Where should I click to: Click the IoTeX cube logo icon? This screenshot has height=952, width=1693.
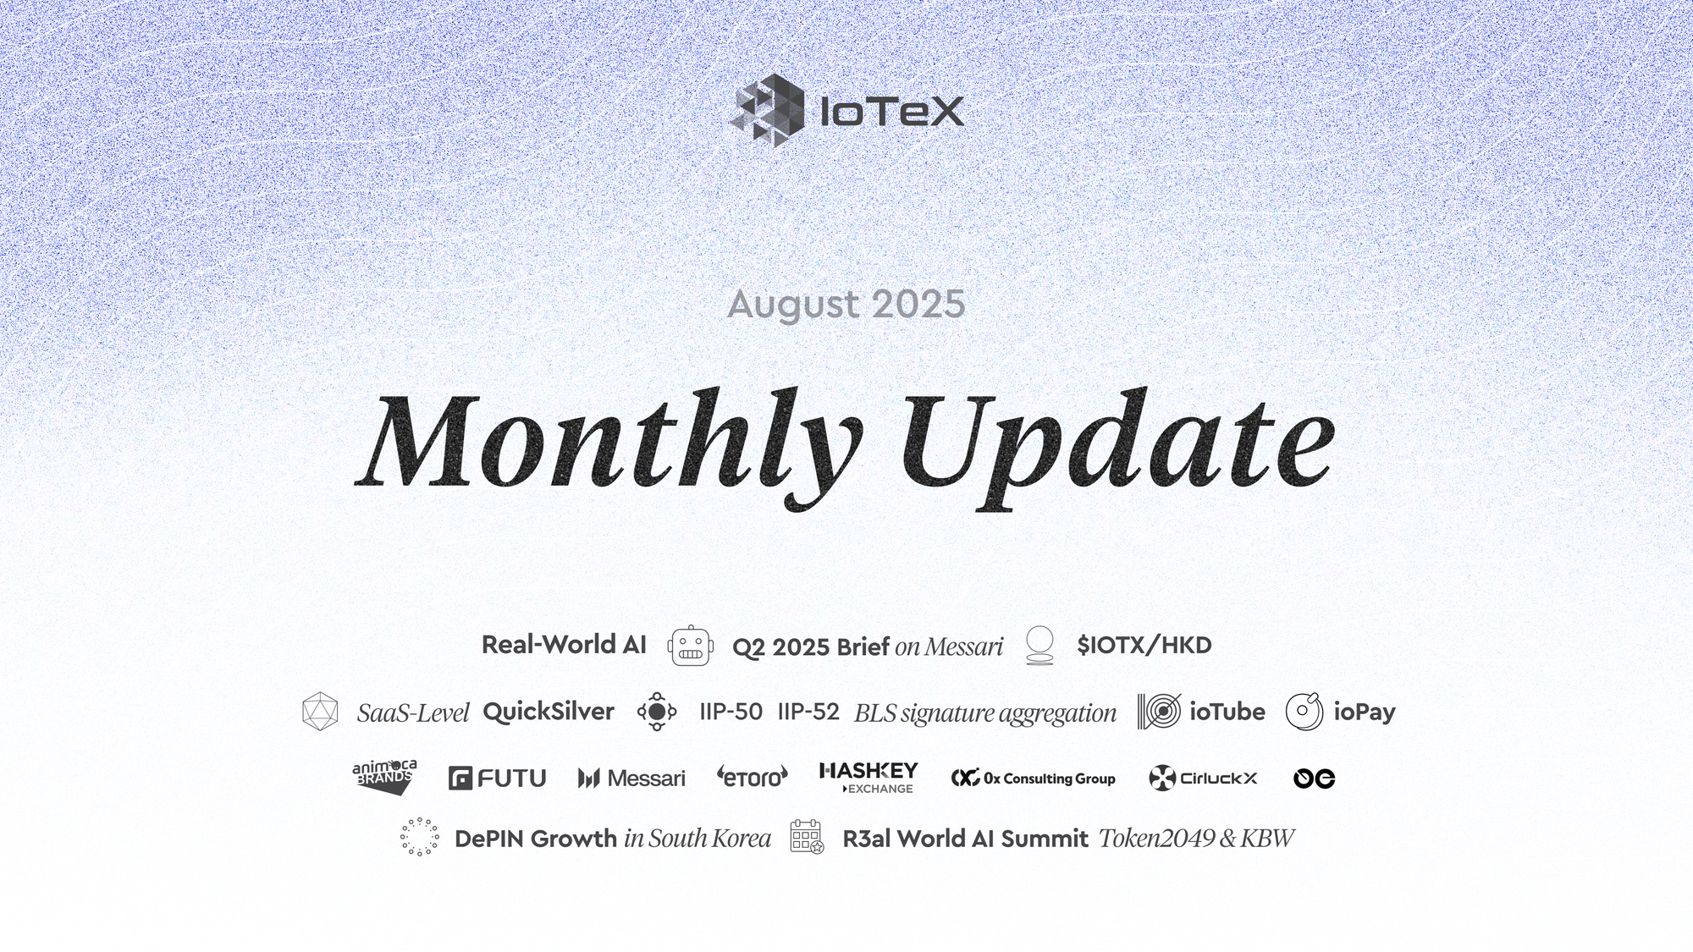pyautogui.click(x=767, y=110)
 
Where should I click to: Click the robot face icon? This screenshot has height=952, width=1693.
pyautogui.click(x=691, y=647)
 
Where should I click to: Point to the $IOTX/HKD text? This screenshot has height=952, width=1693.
pyautogui.click(x=1144, y=645)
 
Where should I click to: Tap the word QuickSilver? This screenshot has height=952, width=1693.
pyautogui.click(x=549, y=712)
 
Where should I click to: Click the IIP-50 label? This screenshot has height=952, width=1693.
pyautogui.click(x=731, y=712)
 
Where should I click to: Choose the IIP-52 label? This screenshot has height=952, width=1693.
pyautogui.click(x=808, y=712)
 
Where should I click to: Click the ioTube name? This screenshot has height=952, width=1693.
pyautogui.click(x=1227, y=712)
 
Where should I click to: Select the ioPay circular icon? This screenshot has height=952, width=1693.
pyautogui.click(x=1304, y=712)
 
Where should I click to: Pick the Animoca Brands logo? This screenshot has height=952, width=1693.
pyautogui.click(x=385, y=777)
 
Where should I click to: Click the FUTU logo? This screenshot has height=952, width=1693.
pyautogui.click(x=498, y=778)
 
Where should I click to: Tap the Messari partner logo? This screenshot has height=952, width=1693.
pyautogui.click(x=631, y=778)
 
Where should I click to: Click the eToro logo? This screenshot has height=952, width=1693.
pyautogui.click(x=753, y=776)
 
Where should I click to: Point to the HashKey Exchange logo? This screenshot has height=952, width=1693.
pyautogui.click(x=869, y=778)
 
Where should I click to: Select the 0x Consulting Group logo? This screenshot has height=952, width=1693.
pyautogui.click(x=1033, y=778)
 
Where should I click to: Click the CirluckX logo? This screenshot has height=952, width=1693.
pyautogui.click(x=1203, y=778)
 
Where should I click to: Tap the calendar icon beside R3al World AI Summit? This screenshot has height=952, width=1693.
pyautogui.click(x=807, y=837)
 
